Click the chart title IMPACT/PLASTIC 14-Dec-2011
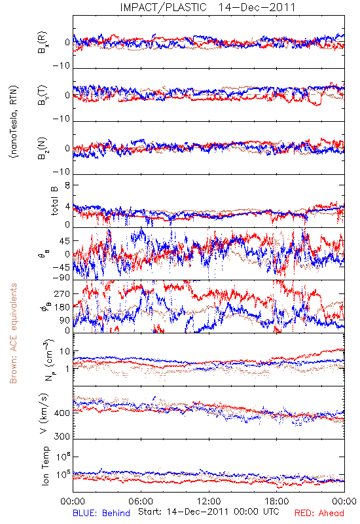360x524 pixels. click(x=207, y=7)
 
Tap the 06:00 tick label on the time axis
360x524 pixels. click(x=141, y=501)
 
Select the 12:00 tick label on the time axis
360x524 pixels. click(x=209, y=501)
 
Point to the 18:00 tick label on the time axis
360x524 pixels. click(x=277, y=501)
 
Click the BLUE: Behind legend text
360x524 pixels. click(x=101, y=513)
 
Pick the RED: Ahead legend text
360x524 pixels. click(x=319, y=513)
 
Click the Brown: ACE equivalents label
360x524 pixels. click(x=13, y=333)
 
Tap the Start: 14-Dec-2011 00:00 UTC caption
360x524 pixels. click(x=209, y=512)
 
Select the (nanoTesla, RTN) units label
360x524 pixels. click(x=14, y=122)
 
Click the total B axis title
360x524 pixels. click(x=54, y=200)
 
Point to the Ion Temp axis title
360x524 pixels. click(x=45, y=466)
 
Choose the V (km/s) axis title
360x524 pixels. click(x=45, y=413)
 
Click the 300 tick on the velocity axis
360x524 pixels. click(x=62, y=436)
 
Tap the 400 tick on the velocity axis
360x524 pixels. click(x=62, y=413)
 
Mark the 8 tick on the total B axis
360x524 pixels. click(x=67, y=185)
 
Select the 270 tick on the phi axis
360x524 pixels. click(x=62, y=293)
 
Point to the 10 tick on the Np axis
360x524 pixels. click(x=65, y=352)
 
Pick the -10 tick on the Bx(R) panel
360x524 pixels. click(x=62, y=66)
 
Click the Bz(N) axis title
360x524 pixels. click(x=43, y=149)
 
